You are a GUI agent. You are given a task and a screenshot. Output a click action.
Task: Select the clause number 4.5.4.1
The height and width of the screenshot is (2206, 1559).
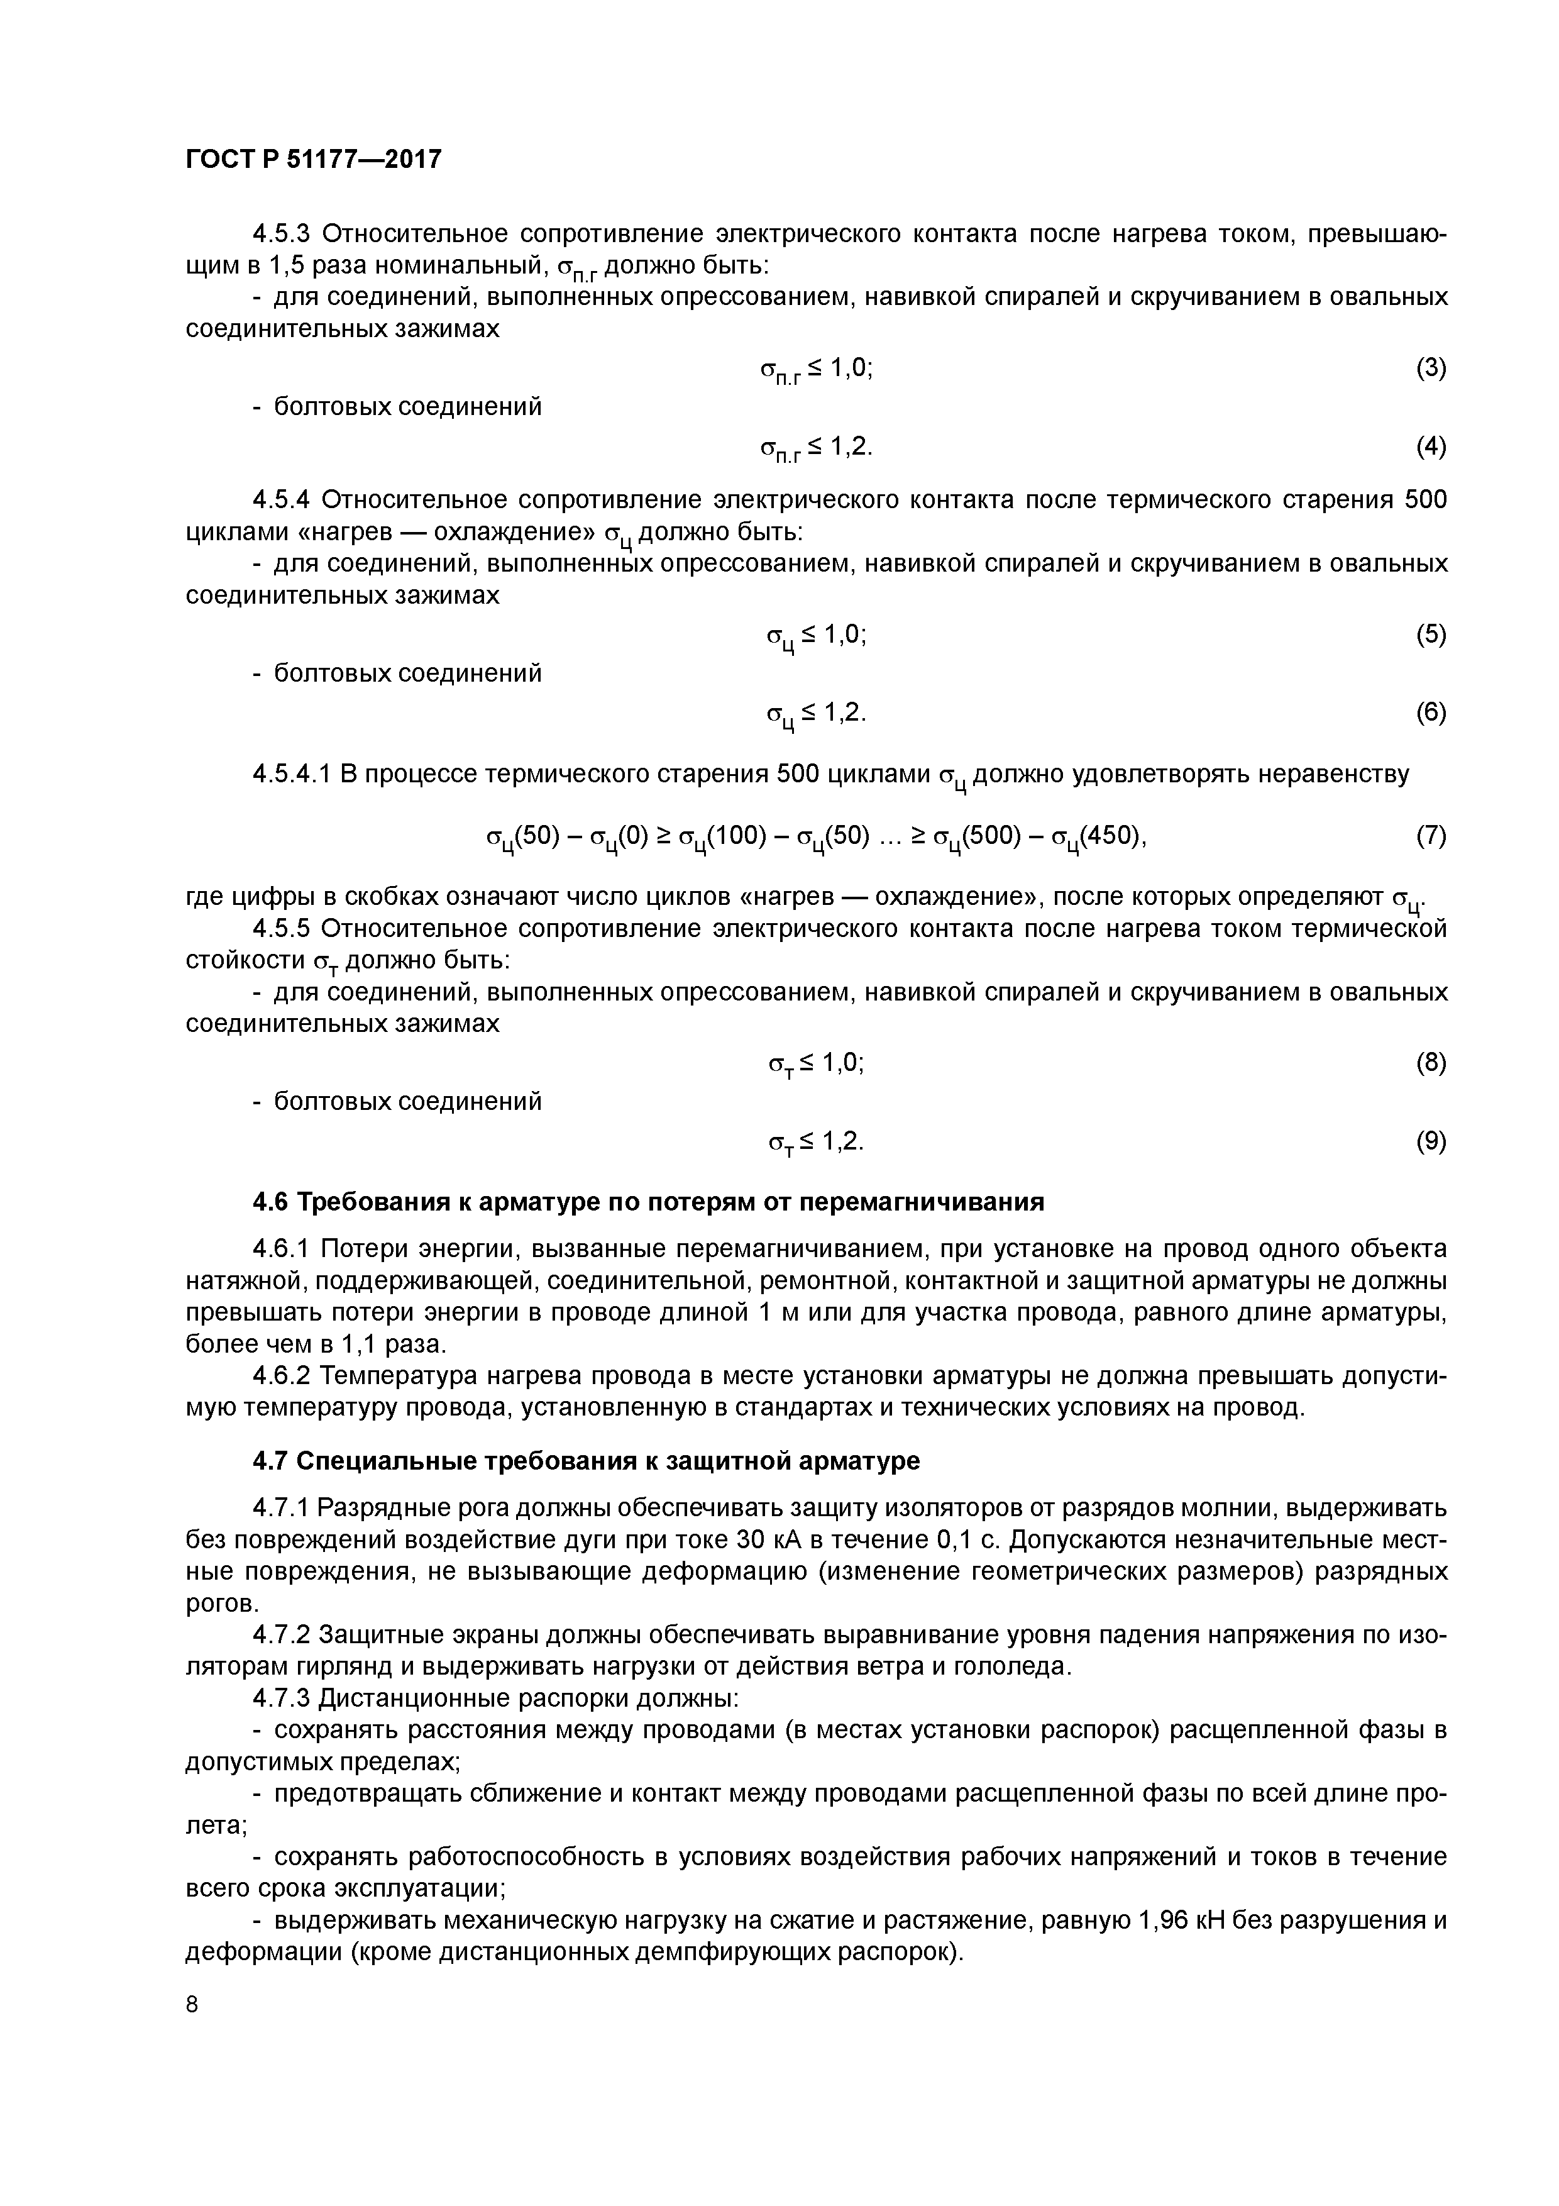(293, 773)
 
